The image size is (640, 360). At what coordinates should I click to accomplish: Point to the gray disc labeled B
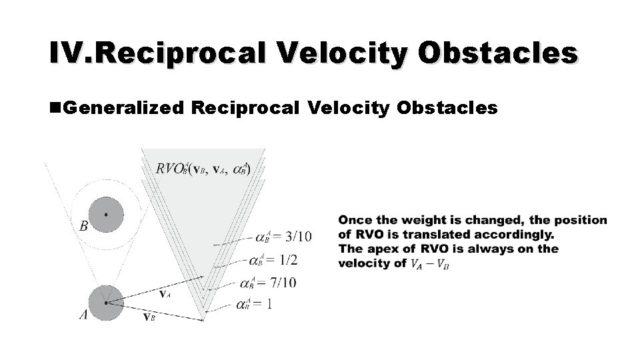[x=105, y=215]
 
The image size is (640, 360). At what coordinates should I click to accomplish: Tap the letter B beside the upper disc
[x=83, y=226]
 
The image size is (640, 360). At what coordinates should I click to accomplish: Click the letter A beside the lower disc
[x=83, y=315]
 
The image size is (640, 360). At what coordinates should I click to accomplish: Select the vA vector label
[x=164, y=293]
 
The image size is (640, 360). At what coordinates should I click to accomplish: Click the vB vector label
[x=150, y=317]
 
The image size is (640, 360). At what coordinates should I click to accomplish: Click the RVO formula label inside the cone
[x=203, y=169]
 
